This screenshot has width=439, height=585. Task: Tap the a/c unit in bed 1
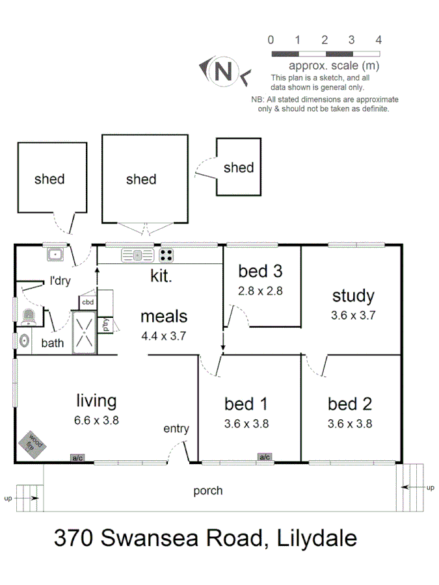point(265,457)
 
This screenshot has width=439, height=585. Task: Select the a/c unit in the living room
point(78,458)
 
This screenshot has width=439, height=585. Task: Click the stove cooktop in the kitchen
point(166,254)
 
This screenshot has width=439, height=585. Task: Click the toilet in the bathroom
point(28,317)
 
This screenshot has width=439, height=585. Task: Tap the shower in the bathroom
point(84,331)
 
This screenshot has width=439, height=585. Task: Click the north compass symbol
point(224,71)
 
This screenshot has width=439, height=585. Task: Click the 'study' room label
point(353,296)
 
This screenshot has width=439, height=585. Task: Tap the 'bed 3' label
point(259,270)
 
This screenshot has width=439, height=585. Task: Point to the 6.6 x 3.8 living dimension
point(96,420)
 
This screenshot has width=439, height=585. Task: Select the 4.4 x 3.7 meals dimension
point(164,337)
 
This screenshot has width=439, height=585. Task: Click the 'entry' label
point(176,428)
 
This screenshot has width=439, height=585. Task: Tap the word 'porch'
point(207,490)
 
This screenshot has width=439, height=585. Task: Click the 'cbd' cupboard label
point(88,302)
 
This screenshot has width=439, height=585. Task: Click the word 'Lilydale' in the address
point(317,538)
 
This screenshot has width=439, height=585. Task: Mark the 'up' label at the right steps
point(430,487)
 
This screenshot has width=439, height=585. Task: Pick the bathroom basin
point(24,340)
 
